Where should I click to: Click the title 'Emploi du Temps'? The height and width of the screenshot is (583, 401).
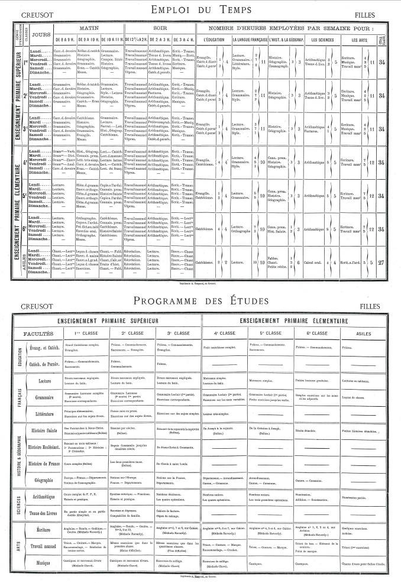point(200,9)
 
